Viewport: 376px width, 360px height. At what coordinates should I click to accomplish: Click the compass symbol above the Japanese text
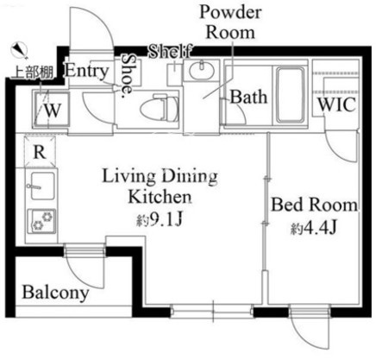(19, 50)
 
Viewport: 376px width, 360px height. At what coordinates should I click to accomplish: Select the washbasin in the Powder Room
(201, 69)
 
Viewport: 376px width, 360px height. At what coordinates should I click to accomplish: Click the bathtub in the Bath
(290, 96)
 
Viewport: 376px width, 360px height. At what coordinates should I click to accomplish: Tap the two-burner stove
(42, 221)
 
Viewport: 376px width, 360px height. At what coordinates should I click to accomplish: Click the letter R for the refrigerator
(40, 152)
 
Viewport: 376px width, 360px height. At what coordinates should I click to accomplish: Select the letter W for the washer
(53, 111)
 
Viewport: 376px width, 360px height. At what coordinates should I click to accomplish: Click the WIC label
(337, 104)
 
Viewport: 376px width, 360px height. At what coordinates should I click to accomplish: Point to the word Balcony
(55, 293)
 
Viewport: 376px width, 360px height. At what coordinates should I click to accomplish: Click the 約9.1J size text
(159, 220)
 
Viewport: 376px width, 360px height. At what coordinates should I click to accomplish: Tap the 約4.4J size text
(313, 228)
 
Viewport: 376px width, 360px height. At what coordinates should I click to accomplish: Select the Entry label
(86, 71)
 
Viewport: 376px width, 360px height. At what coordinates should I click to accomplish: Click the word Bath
(248, 97)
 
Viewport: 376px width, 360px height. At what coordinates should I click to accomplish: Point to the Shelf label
(170, 52)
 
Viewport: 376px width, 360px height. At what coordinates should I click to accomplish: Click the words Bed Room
(315, 205)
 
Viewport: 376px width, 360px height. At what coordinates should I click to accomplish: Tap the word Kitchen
(160, 197)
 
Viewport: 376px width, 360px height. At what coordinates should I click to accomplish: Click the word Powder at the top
(230, 12)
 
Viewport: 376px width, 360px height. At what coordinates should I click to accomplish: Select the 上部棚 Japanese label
(32, 74)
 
